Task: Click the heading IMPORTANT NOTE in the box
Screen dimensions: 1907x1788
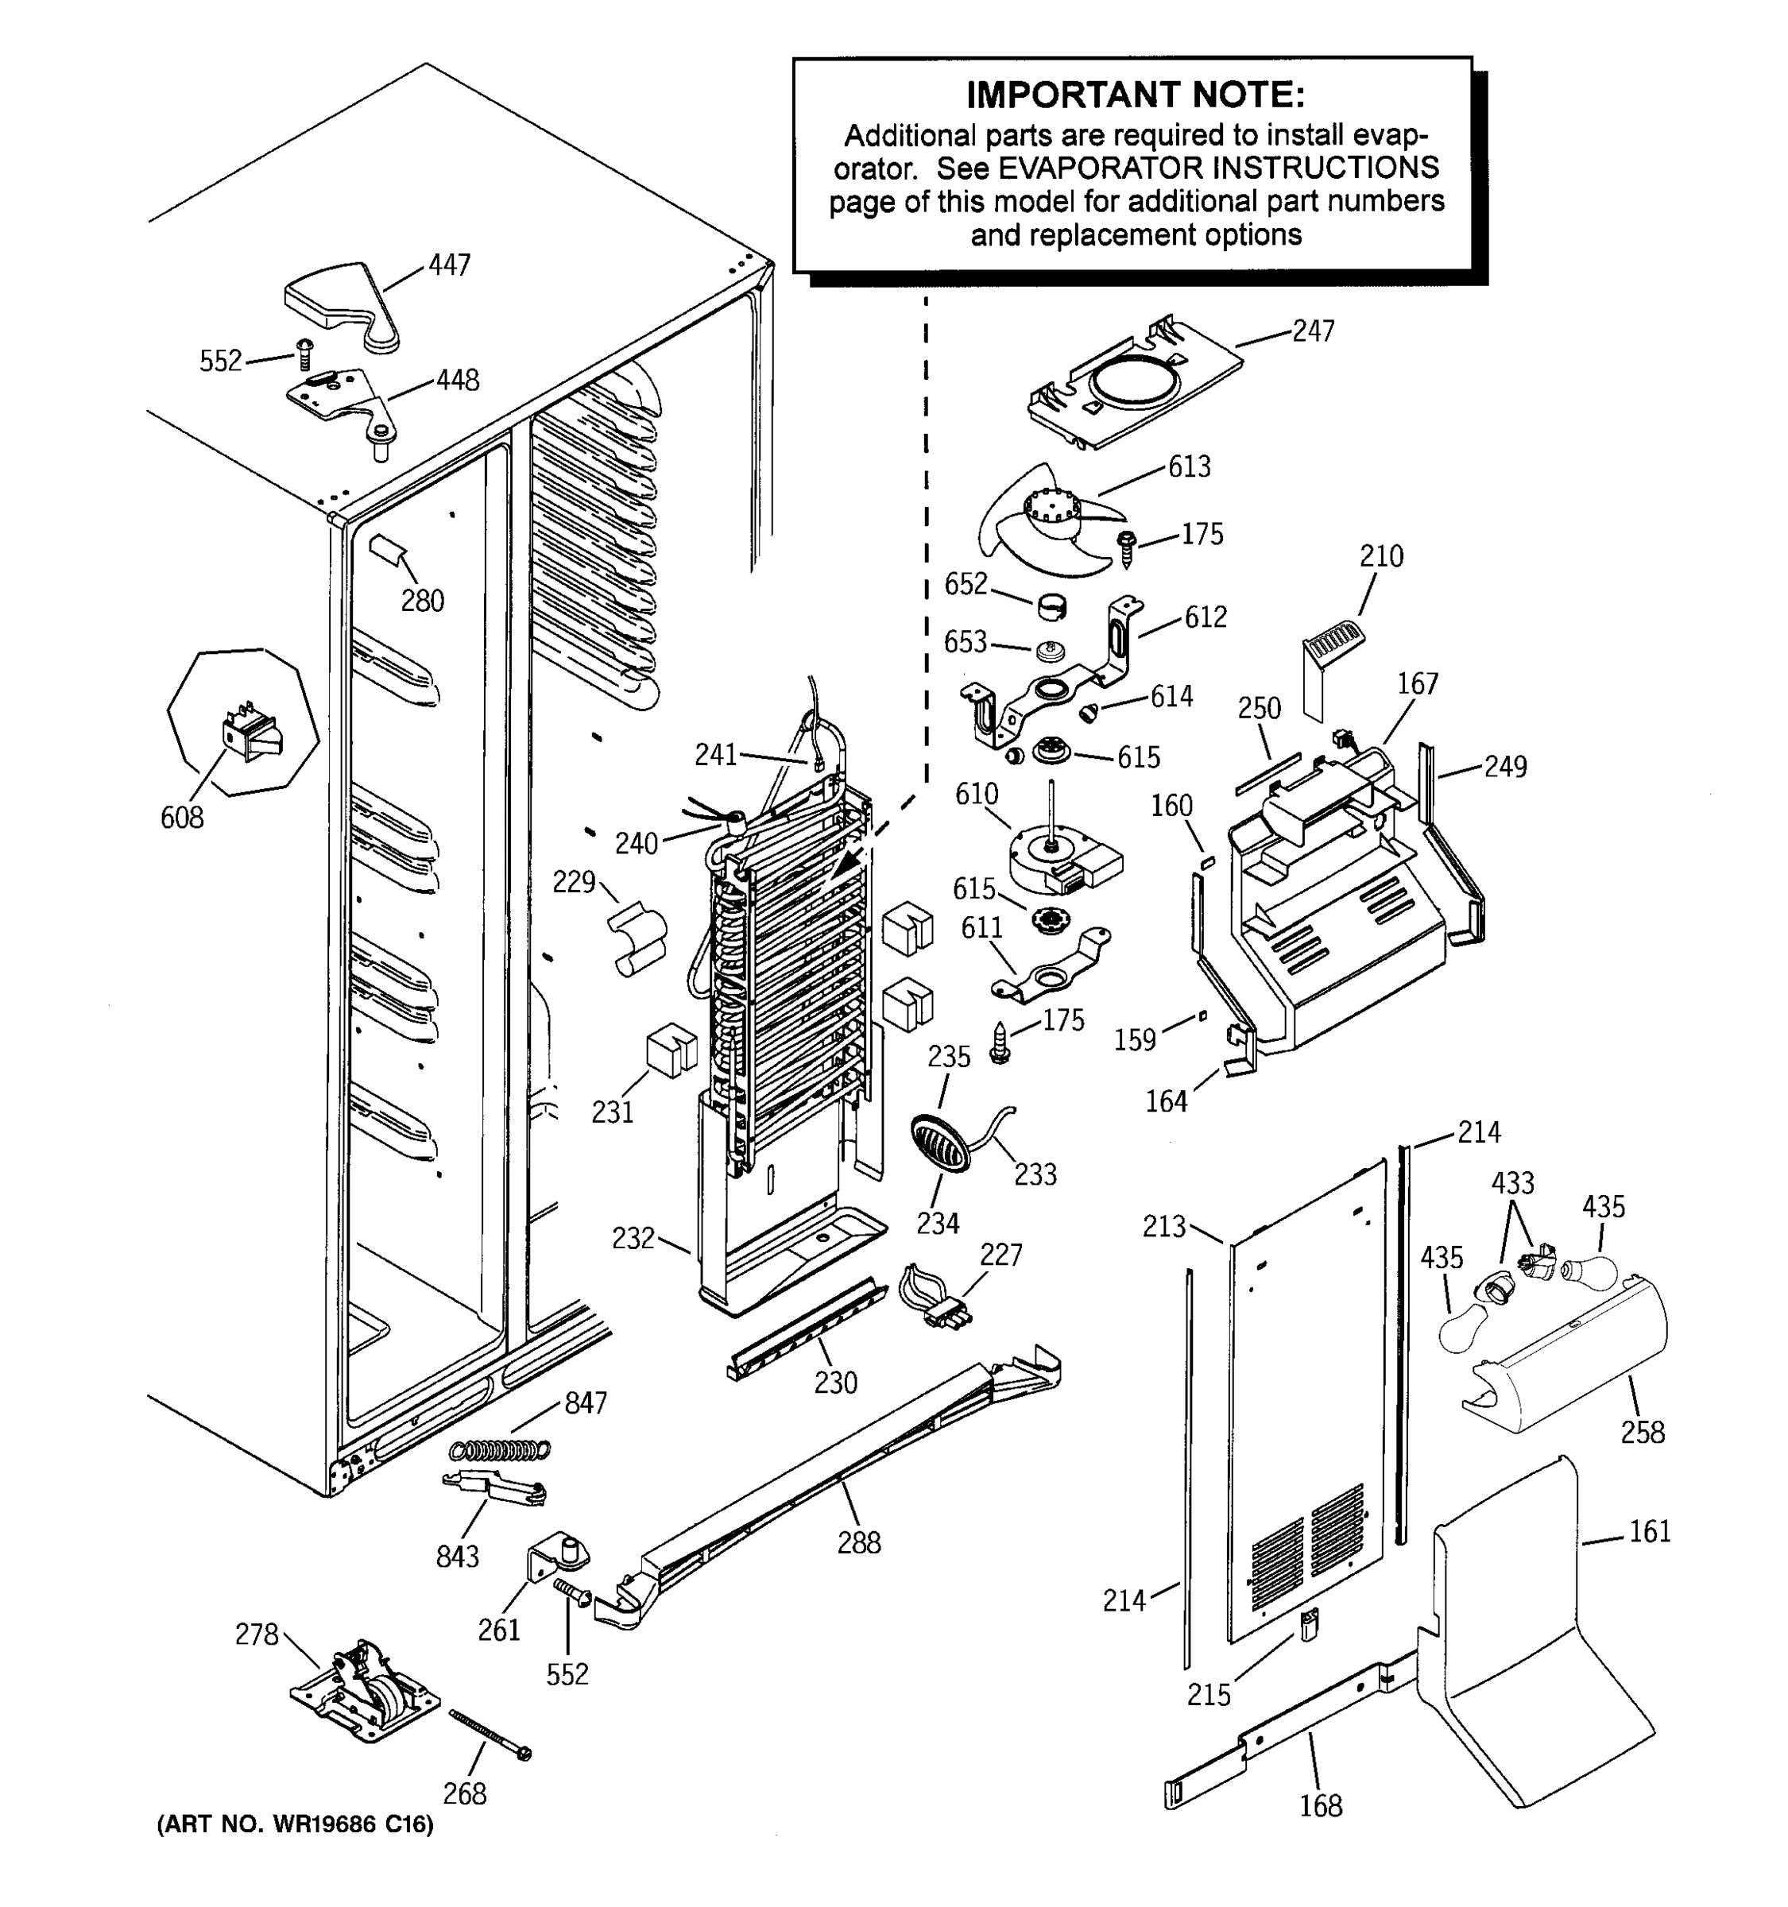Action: [1134, 96]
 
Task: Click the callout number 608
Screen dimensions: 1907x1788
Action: [181, 818]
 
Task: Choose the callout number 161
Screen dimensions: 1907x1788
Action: [1649, 1532]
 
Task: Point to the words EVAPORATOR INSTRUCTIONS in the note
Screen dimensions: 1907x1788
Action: [1218, 168]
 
